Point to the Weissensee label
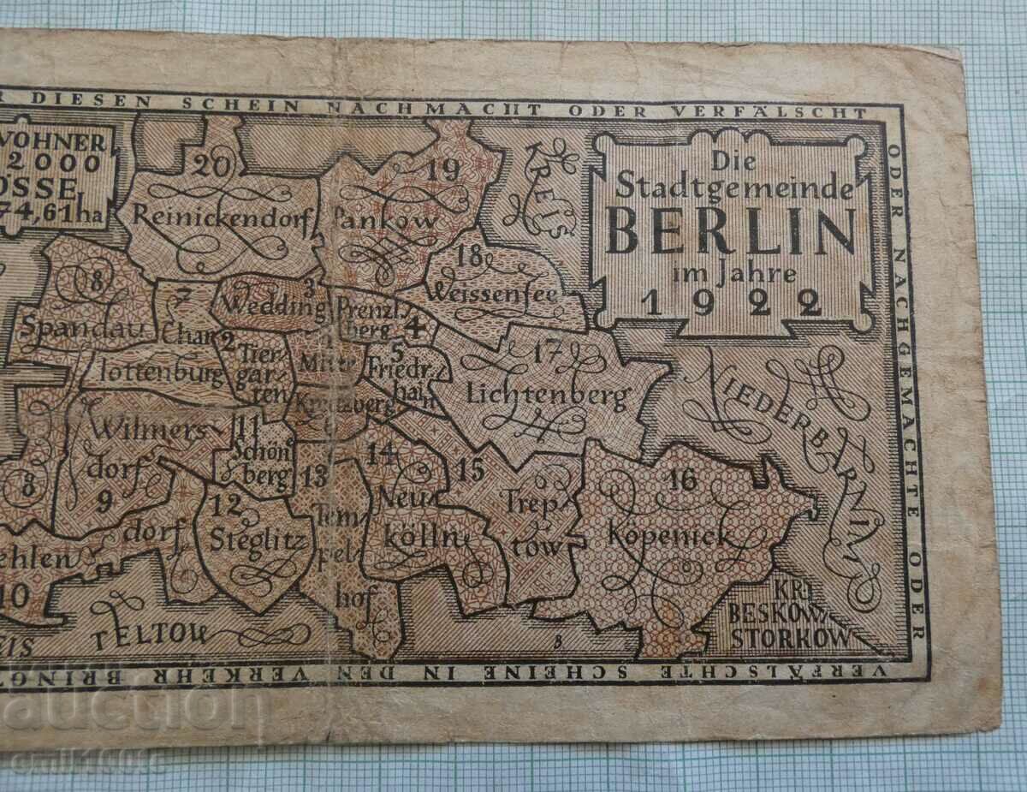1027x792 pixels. point(496,294)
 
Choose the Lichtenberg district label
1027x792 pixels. point(548,394)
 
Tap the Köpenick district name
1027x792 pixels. point(668,537)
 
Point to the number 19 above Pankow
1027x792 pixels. point(443,171)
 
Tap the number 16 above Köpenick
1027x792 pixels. point(684,479)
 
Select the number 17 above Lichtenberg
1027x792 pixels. point(548,350)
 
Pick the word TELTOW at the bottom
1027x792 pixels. point(151,634)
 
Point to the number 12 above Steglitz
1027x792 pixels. point(227,504)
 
